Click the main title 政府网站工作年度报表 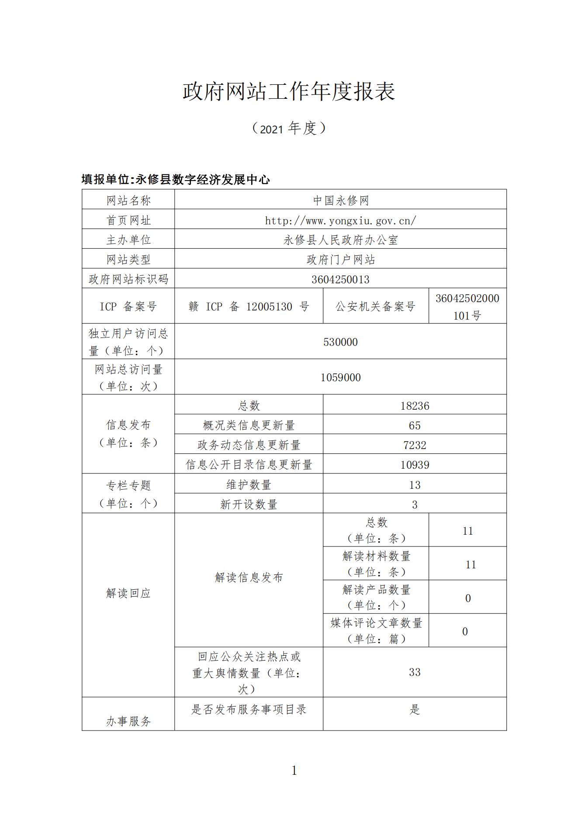coord(289,91)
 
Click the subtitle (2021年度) coord(289,128)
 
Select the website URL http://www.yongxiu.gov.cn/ coord(340,220)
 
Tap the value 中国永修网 coord(340,200)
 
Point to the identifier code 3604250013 coord(340,279)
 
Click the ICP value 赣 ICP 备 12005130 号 coord(249,306)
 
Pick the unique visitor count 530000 coord(340,342)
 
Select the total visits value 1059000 coord(340,377)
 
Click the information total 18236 coord(415,406)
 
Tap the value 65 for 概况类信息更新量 coord(415,425)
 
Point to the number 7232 coord(415,445)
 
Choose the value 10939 coord(415,465)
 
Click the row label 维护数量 coord(249,484)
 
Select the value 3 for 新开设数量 coord(415,505)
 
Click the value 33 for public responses coord(415,672)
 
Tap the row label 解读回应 coord(128,593)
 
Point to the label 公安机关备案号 coord(375,306)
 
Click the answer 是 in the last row coord(415,709)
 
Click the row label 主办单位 coord(128,240)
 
